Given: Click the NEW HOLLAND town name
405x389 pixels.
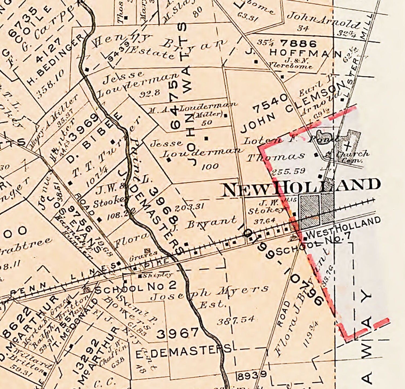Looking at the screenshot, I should click(301, 186).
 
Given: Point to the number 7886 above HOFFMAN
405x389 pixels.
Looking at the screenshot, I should click(298, 43).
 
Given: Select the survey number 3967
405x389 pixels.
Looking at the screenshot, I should click(178, 333).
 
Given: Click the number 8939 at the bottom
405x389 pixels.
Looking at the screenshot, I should click(252, 375).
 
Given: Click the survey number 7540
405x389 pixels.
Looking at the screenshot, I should click(270, 103).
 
